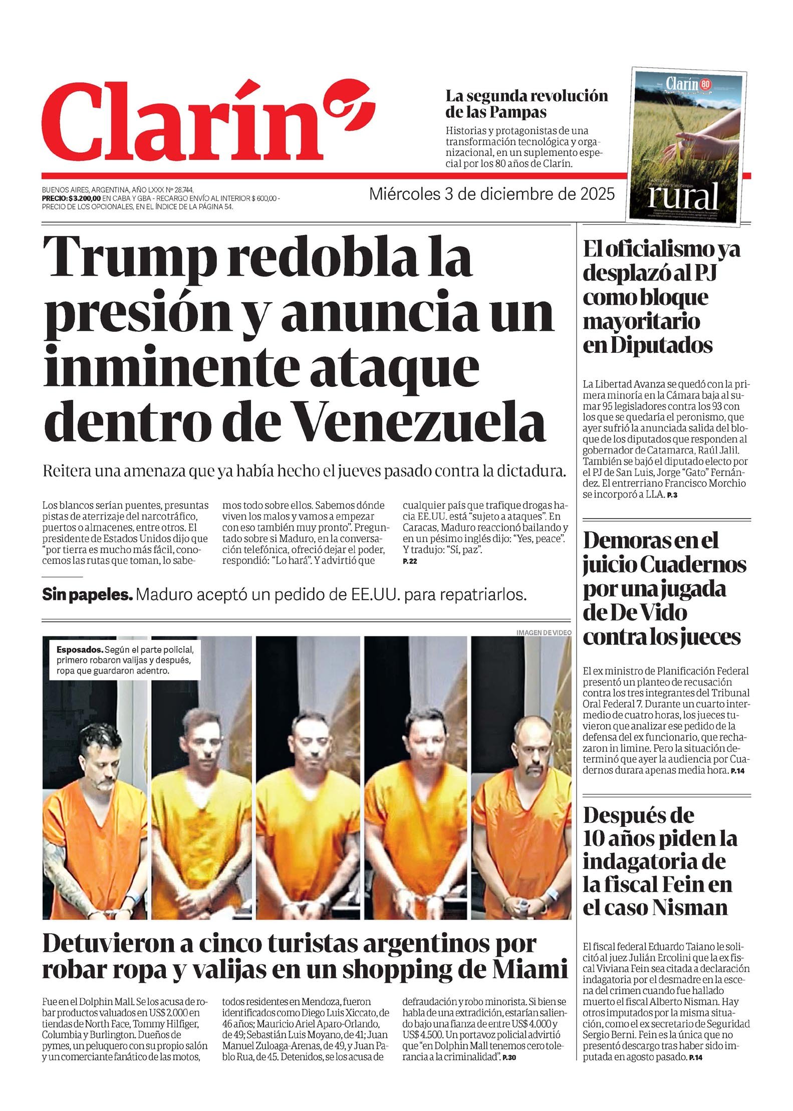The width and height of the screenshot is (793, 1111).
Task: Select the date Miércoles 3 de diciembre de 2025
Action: point(491,194)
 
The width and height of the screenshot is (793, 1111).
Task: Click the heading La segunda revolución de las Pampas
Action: point(526,103)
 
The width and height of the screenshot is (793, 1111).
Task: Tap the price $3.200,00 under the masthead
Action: point(85,199)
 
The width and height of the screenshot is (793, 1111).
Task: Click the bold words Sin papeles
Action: point(88,595)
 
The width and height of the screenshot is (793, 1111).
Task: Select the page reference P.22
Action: point(410,561)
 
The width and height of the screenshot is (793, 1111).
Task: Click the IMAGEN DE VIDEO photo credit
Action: point(543,633)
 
